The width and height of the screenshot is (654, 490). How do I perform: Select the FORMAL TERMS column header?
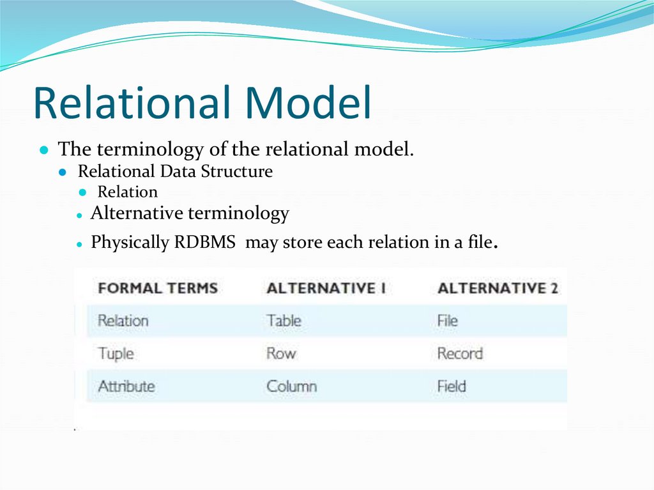pyautogui.click(x=158, y=288)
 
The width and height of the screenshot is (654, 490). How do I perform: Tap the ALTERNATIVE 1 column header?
pyautogui.click(x=326, y=288)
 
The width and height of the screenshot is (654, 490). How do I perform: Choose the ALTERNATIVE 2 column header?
pyautogui.click(x=498, y=288)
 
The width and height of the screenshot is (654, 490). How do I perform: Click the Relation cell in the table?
pyautogui.click(x=123, y=321)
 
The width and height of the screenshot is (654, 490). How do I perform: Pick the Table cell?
pyautogui.click(x=284, y=321)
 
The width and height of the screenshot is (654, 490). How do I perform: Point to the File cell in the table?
pyautogui.click(x=447, y=321)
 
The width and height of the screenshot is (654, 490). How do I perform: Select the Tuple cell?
pyautogui.click(x=116, y=353)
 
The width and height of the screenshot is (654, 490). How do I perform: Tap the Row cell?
pyautogui.click(x=281, y=353)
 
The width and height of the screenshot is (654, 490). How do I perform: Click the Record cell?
pyautogui.click(x=460, y=353)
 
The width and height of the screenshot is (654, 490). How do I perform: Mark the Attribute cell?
pyautogui.click(x=126, y=387)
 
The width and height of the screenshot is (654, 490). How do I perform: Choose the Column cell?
pyautogui.click(x=291, y=387)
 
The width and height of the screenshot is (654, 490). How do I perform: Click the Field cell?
pyautogui.click(x=452, y=387)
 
